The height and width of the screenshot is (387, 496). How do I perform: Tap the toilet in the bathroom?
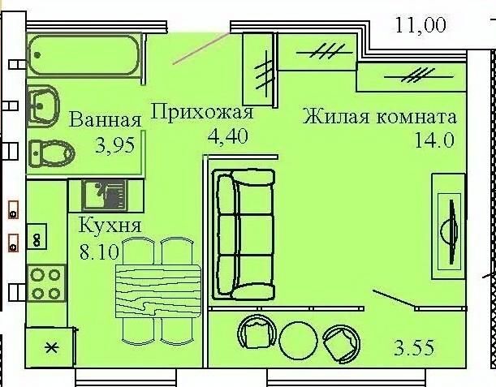tap(50, 152)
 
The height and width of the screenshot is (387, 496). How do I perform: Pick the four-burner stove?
tap(45, 283)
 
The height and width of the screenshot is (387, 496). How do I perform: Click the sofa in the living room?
tap(244, 234)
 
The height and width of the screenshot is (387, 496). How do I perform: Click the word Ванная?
tap(106, 120)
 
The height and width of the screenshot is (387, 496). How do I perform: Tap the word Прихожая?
tap(203, 112)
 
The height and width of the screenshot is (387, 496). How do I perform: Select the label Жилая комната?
tap(380, 116)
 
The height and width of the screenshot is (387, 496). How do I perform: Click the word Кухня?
tap(110, 226)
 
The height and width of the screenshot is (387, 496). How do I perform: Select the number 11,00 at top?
tap(421, 25)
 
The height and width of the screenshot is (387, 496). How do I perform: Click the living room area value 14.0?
tap(433, 139)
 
